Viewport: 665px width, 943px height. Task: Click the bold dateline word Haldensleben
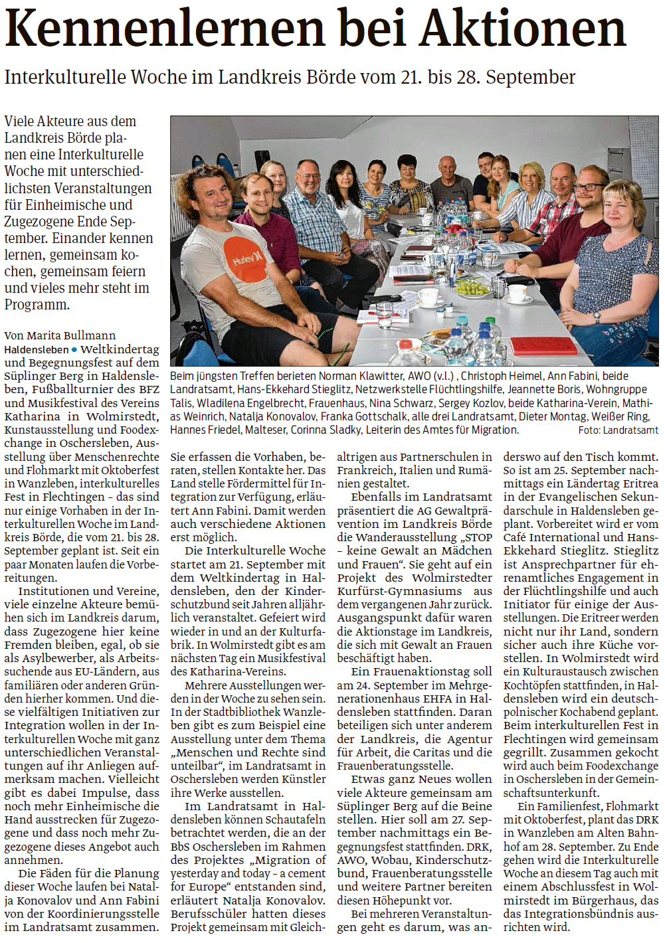tap(37, 349)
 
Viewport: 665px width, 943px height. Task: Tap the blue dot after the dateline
tap(74, 349)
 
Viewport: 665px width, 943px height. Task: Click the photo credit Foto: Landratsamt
tap(618, 430)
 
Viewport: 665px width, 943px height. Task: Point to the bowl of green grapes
tap(473, 288)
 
